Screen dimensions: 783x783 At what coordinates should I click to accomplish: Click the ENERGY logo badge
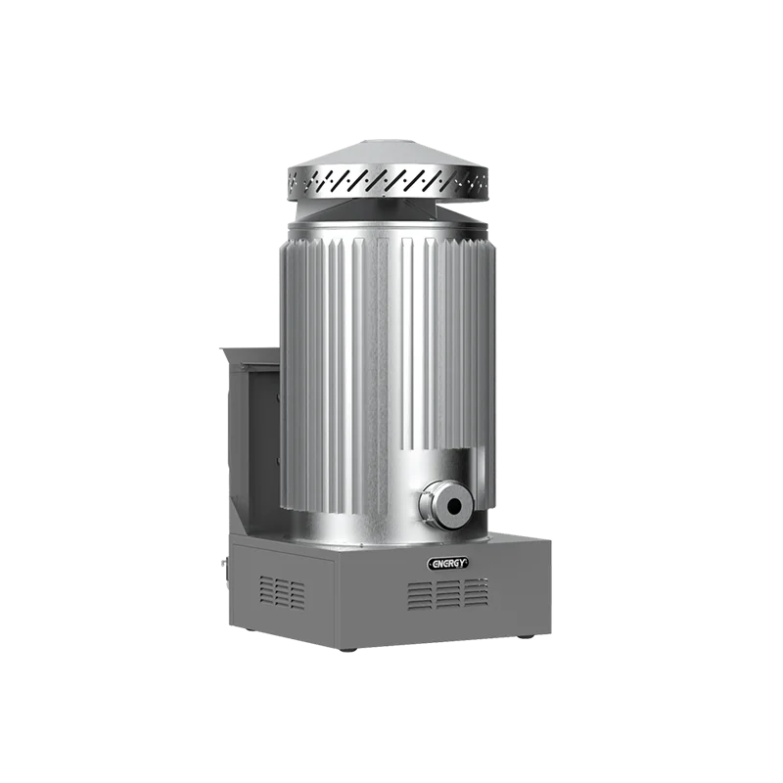447,563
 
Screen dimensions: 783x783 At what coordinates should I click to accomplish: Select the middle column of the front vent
446,593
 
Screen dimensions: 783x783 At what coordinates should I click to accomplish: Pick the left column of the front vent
419,593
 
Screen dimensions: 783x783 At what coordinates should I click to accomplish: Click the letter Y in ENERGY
464,563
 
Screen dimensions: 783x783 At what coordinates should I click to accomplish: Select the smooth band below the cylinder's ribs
362,524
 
